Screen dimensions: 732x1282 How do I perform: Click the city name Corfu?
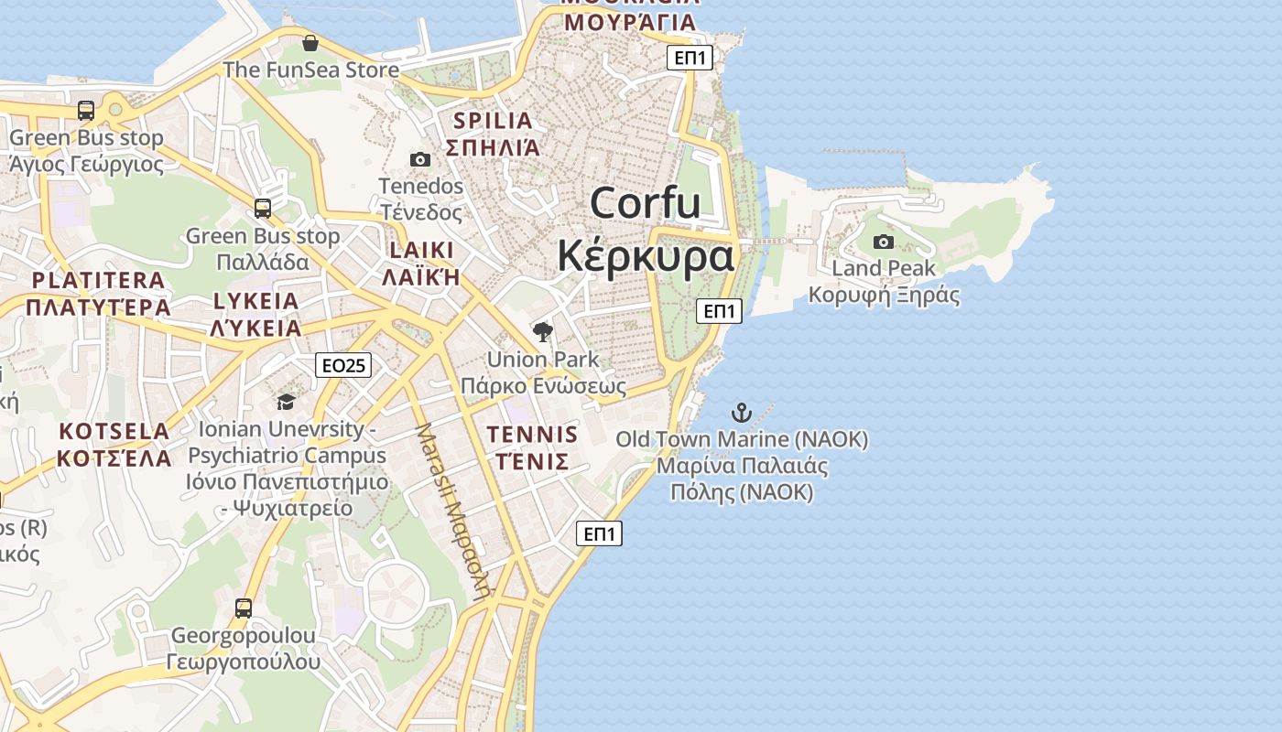tap(646, 203)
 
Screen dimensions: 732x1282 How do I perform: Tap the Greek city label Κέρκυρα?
tap(646, 256)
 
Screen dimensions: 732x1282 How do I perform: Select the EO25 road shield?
tap(343, 365)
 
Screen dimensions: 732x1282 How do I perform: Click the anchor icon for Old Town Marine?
tap(741, 413)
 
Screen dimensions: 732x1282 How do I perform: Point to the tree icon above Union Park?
tap(543, 331)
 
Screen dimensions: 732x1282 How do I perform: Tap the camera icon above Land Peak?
tap(884, 242)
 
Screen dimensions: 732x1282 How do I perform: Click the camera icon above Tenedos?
tap(420, 159)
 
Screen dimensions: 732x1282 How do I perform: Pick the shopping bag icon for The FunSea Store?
tap(310, 43)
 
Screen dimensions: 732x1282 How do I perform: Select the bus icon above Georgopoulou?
tap(244, 608)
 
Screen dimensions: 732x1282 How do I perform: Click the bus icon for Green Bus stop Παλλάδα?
tap(263, 209)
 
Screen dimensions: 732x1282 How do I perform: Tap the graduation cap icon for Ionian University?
tap(287, 402)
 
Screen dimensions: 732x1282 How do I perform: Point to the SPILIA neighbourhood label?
tap(493, 121)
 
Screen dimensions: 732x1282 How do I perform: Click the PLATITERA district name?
tap(98, 280)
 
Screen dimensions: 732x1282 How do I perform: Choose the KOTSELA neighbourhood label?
tap(114, 431)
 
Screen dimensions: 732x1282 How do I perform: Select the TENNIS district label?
tap(532, 435)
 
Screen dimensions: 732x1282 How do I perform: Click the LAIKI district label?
tap(421, 251)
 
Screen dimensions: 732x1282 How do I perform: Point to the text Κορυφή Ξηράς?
tap(884, 295)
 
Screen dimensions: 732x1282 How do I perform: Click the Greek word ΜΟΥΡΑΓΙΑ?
tap(630, 22)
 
